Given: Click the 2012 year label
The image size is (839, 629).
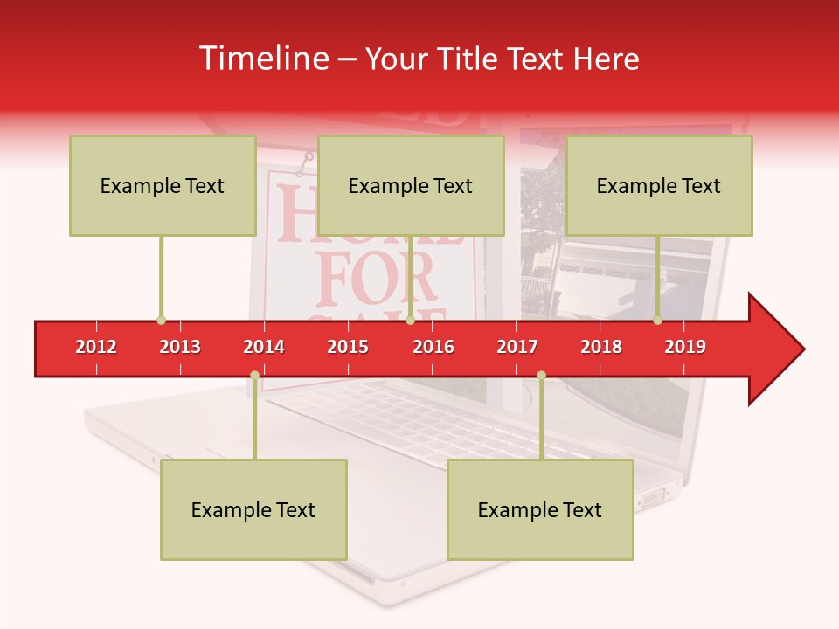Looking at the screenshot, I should point(96,347).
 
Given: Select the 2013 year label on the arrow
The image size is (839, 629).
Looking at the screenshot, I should point(180,347).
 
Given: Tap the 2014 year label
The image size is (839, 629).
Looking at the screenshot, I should point(264,347).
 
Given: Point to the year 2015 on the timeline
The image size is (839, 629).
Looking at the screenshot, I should point(348,347).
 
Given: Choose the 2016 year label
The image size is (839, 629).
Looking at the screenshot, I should point(433,347).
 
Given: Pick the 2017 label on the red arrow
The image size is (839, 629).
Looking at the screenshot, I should point(517,347).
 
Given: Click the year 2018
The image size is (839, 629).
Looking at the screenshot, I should point(601,347).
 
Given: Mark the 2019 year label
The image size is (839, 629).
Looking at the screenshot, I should point(685,347).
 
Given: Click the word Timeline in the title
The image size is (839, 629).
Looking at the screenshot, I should point(262,59).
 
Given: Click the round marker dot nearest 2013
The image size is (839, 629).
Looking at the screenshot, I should point(161,320).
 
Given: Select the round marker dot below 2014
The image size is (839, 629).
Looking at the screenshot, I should point(254,376).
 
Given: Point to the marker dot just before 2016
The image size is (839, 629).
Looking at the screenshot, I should point(410,320).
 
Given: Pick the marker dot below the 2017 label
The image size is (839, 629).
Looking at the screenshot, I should point(541,376).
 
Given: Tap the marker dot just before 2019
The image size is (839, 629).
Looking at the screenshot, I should point(657,320).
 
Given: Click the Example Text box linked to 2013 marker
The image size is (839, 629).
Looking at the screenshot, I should point(163,185).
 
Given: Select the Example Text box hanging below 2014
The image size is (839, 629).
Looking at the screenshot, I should point(253,509).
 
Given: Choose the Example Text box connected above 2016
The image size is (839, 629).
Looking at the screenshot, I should point(411,185).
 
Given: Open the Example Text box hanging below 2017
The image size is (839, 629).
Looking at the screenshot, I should point(540,509).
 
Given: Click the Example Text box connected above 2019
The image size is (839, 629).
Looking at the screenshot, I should point(659,185).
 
